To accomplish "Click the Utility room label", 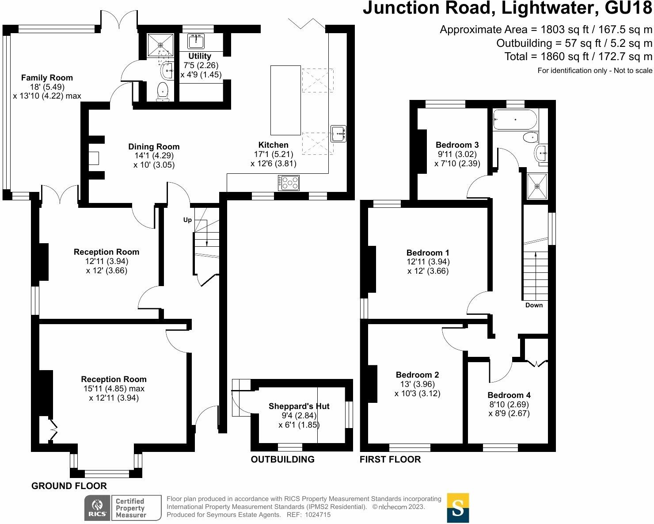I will (x=200, y=56).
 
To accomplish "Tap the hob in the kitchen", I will (x=289, y=183).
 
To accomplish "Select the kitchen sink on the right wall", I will (x=338, y=133).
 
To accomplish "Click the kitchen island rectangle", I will (x=285, y=100).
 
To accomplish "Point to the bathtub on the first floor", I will (x=515, y=120).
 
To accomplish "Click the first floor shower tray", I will (x=537, y=186).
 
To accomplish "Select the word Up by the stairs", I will (x=187, y=220).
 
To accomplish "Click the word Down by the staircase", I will (x=534, y=305).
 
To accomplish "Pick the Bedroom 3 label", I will (x=457, y=145).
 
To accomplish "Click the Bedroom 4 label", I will (x=509, y=395).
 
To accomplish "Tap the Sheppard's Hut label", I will (x=299, y=406).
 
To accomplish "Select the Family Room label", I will (x=47, y=77).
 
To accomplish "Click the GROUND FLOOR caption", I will (x=69, y=486).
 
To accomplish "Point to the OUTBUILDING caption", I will (x=282, y=459).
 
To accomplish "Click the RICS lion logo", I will (x=97, y=508).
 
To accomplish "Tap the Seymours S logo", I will (x=458, y=508).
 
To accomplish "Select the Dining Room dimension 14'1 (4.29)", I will (x=154, y=156).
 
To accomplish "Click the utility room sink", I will (x=196, y=42).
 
